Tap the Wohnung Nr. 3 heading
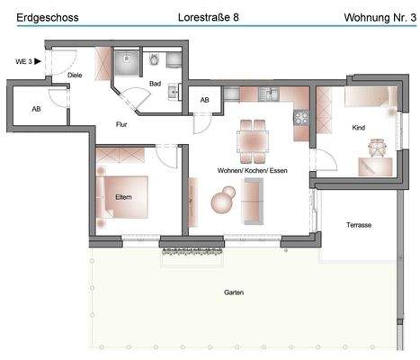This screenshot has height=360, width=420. (x=379, y=17)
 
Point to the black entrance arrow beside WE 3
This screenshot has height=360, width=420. (x=37, y=61)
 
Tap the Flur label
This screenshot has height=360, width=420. (x=121, y=124)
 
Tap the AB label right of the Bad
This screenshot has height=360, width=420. (x=204, y=100)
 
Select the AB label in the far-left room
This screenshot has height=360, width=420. (x=36, y=108)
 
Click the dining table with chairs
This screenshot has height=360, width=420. (x=253, y=139)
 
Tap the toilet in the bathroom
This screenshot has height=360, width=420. (x=155, y=61)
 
